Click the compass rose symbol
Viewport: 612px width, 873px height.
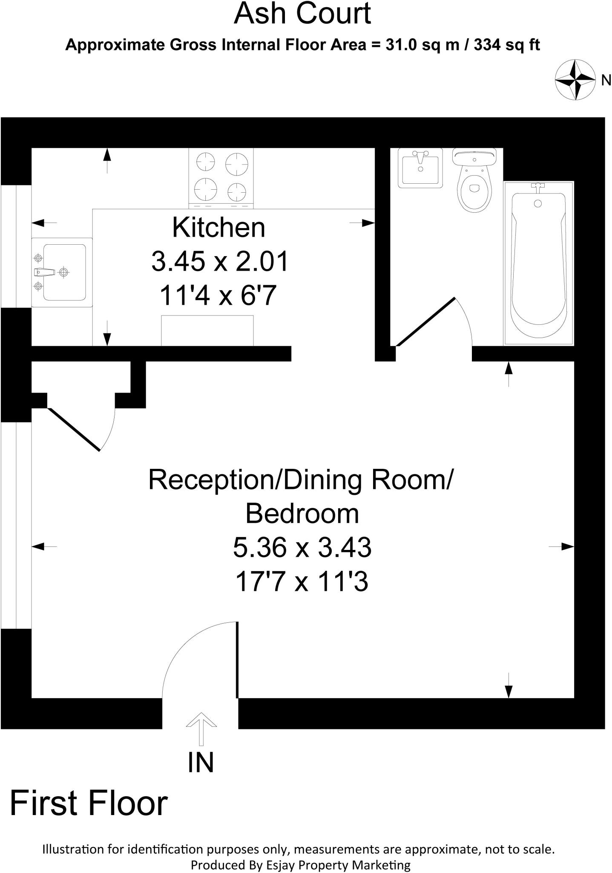[x=575, y=80]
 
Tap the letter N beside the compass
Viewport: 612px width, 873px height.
[x=606, y=80]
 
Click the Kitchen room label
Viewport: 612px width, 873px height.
[x=218, y=228]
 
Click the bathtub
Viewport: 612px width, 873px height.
[x=538, y=263]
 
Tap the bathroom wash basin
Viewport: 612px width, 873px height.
[x=420, y=167]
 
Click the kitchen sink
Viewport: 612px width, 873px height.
[x=62, y=272]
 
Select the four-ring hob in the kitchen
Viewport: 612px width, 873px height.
[x=221, y=178]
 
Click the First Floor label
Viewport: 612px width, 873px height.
[x=89, y=804]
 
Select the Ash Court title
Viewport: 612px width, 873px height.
[x=302, y=14]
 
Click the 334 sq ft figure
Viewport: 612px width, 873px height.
[x=507, y=45]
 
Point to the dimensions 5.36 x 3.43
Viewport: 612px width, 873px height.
[x=302, y=547]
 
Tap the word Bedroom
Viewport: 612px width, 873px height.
[x=302, y=513]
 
